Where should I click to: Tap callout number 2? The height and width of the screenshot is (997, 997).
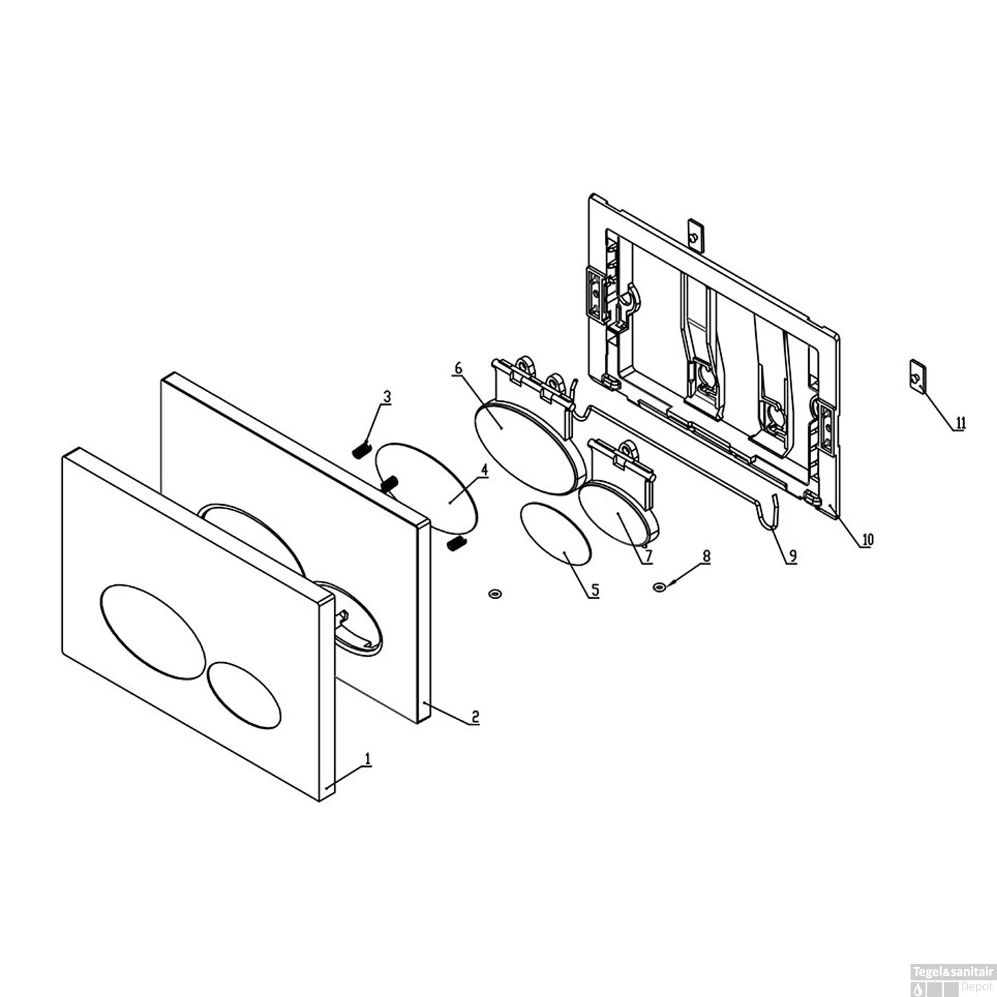[x=475, y=717]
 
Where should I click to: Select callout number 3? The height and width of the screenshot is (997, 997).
[x=386, y=397]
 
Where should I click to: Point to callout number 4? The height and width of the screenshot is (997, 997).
[x=485, y=470]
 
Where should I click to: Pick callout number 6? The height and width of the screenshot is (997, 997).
[x=458, y=368]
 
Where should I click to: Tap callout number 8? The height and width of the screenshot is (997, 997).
[x=706, y=556]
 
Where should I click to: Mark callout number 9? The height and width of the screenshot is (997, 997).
[x=791, y=556]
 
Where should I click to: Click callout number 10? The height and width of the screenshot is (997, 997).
[x=867, y=539]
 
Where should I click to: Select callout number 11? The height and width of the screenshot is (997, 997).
[x=960, y=423]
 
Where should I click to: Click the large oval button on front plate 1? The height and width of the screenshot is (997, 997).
[x=152, y=631]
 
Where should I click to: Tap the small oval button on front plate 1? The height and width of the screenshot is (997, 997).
[x=244, y=693]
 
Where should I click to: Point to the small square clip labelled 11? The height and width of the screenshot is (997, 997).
[x=917, y=376]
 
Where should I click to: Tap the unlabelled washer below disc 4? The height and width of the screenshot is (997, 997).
[x=494, y=592]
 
